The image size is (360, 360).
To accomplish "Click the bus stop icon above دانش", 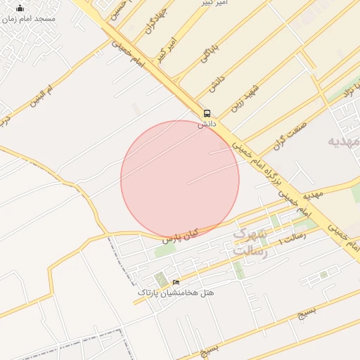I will click(207, 112).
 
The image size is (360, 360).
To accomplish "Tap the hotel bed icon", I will click(176, 283).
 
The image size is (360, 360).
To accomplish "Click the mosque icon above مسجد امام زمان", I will click(20, 9).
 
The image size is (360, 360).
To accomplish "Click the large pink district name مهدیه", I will click(345, 142).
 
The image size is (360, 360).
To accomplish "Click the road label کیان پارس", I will click(181, 236).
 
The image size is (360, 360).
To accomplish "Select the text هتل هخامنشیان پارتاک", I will click(176, 292).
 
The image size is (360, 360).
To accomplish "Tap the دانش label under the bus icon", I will click(205, 123).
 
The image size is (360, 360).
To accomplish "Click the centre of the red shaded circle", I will click(180, 179).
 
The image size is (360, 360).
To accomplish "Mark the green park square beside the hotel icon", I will click(161, 280).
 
